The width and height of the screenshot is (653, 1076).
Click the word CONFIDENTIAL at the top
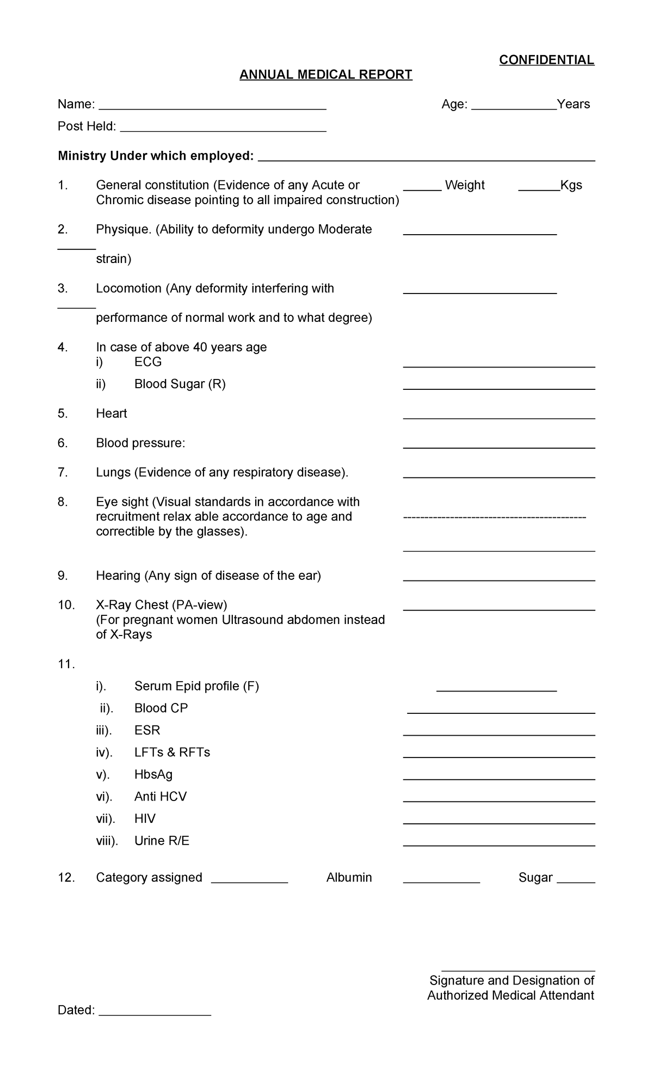[546, 60]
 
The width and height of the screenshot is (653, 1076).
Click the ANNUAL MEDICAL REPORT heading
[326, 75]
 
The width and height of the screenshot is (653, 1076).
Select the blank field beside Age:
[514, 108]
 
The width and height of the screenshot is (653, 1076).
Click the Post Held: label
[87, 126]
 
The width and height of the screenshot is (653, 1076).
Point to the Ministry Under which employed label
[156, 156]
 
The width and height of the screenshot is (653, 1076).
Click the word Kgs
[571, 185]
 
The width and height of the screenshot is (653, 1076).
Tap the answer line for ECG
[498, 366]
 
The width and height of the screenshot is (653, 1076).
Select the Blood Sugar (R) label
[180, 384]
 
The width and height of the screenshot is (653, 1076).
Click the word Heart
[112, 413]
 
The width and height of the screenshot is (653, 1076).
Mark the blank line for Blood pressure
[498, 447]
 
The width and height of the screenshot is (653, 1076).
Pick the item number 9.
[63, 576]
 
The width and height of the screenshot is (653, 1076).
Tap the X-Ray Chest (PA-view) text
[162, 605]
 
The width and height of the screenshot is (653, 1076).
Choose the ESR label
[147, 730]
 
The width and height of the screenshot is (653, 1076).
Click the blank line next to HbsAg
[498, 779]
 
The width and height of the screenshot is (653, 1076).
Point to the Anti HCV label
[160, 797]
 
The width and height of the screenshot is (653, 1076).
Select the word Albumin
[349, 877]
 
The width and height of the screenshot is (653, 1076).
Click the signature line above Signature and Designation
[518, 970]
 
